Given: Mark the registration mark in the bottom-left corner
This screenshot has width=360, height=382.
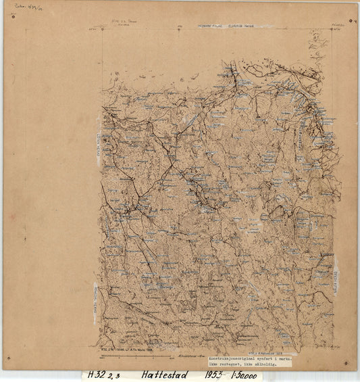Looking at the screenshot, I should tap(8, 358).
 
